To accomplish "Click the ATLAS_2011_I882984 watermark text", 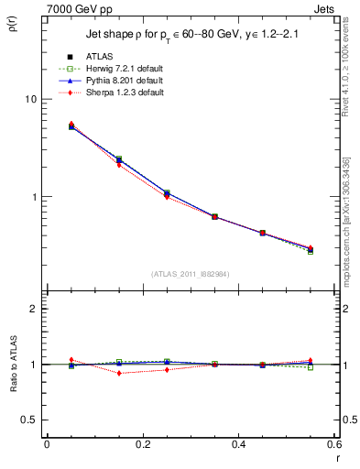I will pyautogui.click(x=190, y=273).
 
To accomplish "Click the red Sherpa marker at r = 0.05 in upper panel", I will pyautogui.click(x=71, y=124).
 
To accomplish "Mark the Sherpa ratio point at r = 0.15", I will pyautogui.click(x=119, y=373).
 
